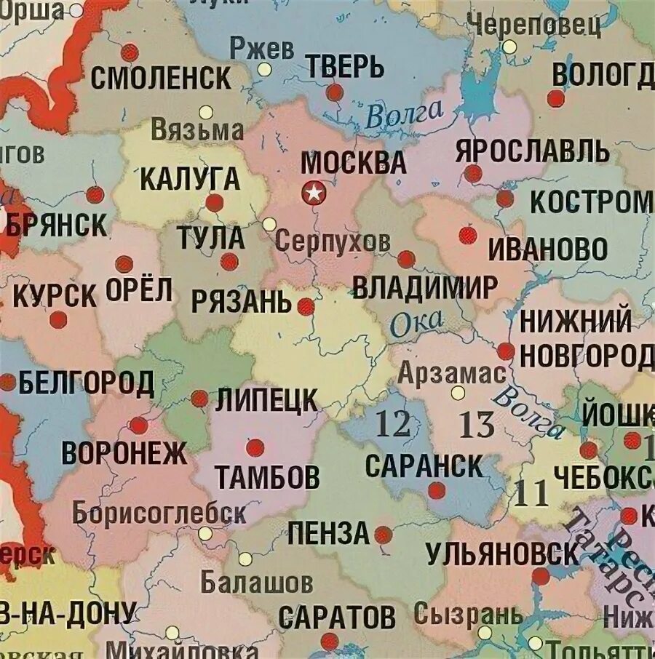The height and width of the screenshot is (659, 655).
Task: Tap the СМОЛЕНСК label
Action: click(x=161, y=78)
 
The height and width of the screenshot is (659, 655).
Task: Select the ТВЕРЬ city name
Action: click(x=344, y=67)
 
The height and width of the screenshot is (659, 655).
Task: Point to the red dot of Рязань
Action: click(x=306, y=306)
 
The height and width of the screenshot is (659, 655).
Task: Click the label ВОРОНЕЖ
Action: click(x=124, y=452)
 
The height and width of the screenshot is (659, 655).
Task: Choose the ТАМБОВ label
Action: click(x=267, y=477)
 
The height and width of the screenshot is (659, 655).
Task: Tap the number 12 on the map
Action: click(x=392, y=423)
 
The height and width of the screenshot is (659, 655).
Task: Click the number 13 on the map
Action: click(x=477, y=425)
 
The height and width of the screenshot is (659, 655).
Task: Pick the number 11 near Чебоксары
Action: click(x=531, y=494)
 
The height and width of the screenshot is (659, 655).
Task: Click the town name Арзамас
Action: click(x=451, y=373)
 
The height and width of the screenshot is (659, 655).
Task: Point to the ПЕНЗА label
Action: click(x=328, y=533)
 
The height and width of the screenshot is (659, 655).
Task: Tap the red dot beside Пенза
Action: click(x=384, y=535)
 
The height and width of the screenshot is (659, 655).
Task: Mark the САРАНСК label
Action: click(x=424, y=466)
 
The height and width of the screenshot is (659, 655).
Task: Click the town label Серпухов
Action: click(x=332, y=241)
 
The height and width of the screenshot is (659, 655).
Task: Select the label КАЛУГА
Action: click(x=189, y=178)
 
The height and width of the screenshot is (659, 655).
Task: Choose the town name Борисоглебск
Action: click(x=159, y=513)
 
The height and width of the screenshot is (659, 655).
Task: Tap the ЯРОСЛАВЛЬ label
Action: click(x=532, y=152)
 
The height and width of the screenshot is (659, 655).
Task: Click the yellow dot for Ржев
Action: click(x=264, y=70)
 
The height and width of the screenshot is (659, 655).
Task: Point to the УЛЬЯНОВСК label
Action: click(x=503, y=554)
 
